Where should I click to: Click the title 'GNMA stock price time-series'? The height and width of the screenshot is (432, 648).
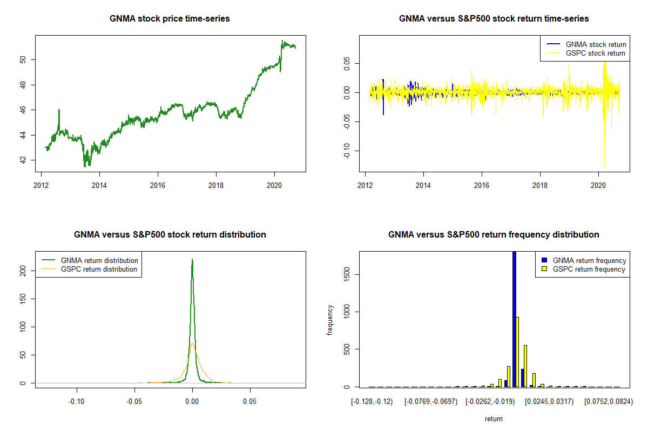pos(170,19)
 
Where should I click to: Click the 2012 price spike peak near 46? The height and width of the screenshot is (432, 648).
pos(59,110)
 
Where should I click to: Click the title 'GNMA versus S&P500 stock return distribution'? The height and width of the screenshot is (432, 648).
pos(170,235)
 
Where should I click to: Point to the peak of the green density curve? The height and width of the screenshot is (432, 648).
pos(192,260)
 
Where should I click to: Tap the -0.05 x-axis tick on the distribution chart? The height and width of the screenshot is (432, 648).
pos(134,402)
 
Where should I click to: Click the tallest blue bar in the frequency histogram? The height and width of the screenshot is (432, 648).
pos(514,319)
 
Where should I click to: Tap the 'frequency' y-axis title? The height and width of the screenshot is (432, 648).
pos(330,320)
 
